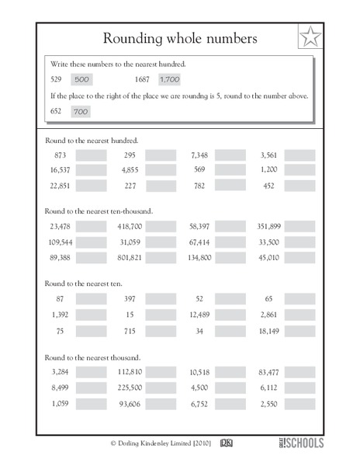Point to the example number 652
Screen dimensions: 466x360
pyautogui.click(x=54, y=113)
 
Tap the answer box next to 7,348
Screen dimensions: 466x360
pyautogui.click(x=229, y=155)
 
